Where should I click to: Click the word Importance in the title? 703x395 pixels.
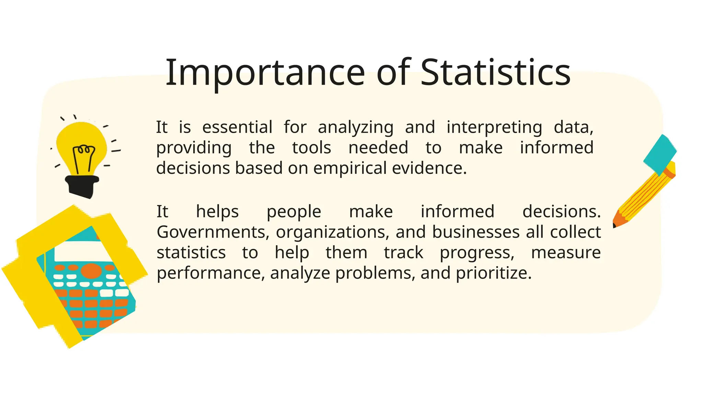pos(265,73)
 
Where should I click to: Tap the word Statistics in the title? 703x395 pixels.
pos(495,73)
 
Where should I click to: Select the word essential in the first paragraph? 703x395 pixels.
pos(237,127)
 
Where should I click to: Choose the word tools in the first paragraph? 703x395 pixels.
pos(311,148)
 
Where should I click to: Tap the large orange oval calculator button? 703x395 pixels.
pos(91,270)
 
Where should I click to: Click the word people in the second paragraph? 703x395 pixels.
pos(294,212)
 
